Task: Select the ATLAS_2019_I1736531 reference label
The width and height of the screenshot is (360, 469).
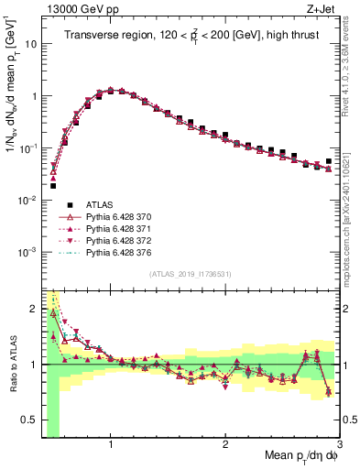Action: [190, 274]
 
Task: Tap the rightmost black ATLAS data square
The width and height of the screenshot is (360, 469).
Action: [328, 161]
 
